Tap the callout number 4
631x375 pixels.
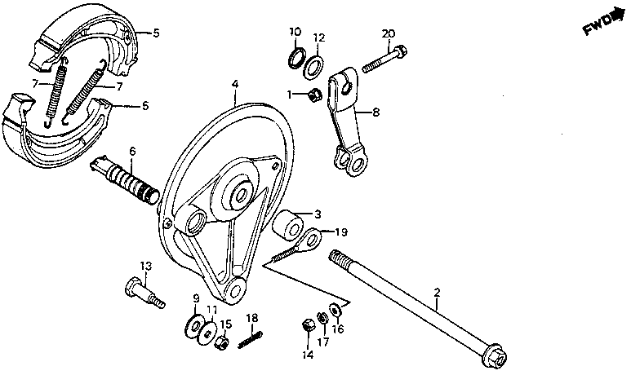234,84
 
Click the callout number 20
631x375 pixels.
388,33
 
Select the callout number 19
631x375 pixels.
342,232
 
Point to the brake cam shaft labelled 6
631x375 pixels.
122,178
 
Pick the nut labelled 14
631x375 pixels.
309,324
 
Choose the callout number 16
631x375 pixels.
340,330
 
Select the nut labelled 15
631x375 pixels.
220,342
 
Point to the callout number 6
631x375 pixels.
132,151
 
